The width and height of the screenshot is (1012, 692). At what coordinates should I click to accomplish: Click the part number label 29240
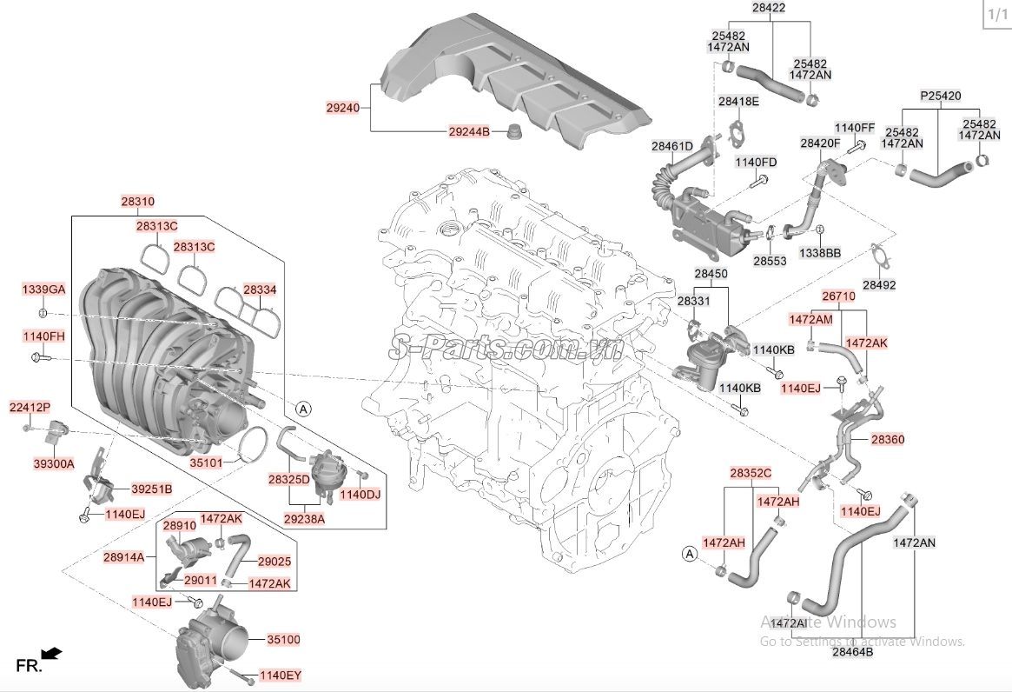click(x=343, y=108)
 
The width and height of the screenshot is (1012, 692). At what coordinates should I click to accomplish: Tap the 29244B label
click(x=469, y=132)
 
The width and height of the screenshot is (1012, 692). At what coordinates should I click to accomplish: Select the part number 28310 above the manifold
click(x=137, y=202)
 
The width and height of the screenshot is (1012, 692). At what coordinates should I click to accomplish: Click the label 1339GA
click(x=43, y=289)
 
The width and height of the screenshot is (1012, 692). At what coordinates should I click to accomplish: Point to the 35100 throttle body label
click(x=284, y=640)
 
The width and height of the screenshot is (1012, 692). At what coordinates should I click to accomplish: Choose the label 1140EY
click(x=281, y=675)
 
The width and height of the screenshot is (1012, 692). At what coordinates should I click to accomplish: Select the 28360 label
click(x=888, y=439)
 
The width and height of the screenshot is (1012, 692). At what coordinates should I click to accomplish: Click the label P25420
click(x=941, y=96)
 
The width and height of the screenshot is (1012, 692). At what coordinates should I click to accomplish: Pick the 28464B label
click(x=852, y=652)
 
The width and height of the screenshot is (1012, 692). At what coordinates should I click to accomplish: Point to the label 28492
click(x=879, y=285)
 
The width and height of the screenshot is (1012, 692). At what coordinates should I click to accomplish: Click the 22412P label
click(x=30, y=408)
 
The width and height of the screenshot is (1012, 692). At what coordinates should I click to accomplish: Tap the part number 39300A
click(x=54, y=463)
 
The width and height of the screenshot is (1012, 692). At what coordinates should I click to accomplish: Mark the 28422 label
click(x=769, y=9)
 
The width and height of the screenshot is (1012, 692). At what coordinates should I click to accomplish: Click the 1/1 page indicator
click(x=998, y=14)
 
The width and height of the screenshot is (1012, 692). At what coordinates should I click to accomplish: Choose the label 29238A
click(x=304, y=518)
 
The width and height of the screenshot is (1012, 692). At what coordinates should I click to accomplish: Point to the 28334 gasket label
click(x=260, y=290)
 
